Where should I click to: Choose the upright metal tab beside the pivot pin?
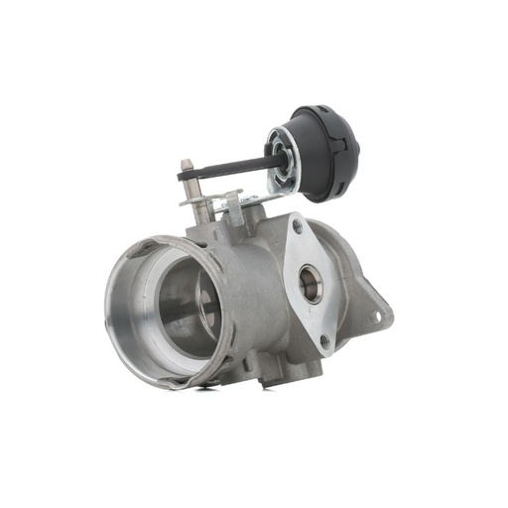(x=234, y=206)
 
